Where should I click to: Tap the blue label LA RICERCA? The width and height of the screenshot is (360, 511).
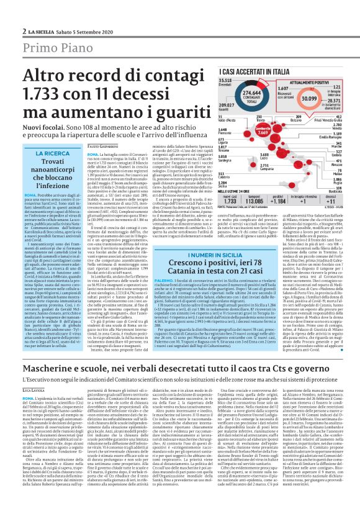(x=52, y=153)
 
